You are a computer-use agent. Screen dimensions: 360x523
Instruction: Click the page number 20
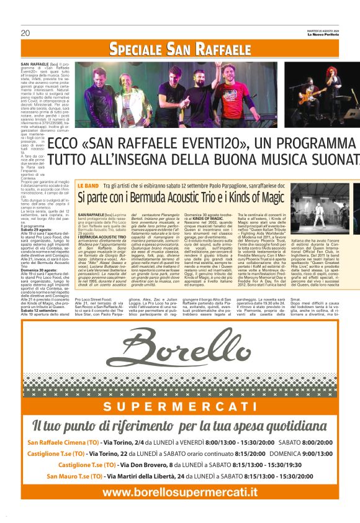point(25,33)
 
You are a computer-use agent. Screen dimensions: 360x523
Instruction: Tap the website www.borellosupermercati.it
point(179,493)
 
